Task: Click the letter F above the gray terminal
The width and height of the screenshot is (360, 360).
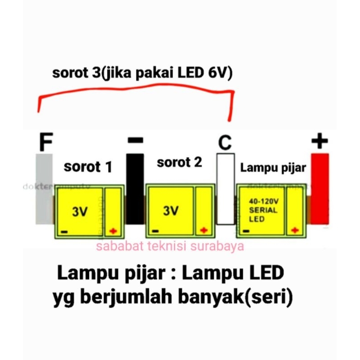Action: point(45,142)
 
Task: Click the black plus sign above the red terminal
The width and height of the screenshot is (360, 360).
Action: point(319,141)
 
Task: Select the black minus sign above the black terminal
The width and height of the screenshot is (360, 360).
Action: point(135,140)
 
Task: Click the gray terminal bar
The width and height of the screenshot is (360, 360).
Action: point(44,189)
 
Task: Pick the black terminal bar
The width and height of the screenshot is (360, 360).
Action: point(135,189)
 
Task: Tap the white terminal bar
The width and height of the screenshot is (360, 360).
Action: point(225,189)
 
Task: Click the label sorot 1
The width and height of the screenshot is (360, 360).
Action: point(88,167)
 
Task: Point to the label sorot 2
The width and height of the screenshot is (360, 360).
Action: point(180,162)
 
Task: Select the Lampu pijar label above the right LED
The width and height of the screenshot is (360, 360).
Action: point(273,168)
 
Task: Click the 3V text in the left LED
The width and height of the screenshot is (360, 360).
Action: point(80,212)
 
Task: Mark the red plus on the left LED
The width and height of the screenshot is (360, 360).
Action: point(112,231)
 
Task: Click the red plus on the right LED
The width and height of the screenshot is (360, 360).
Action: point(295,230)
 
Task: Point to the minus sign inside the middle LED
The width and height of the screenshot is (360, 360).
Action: point(155,231)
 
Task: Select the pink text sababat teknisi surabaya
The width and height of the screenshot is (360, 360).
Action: point(170,246)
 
